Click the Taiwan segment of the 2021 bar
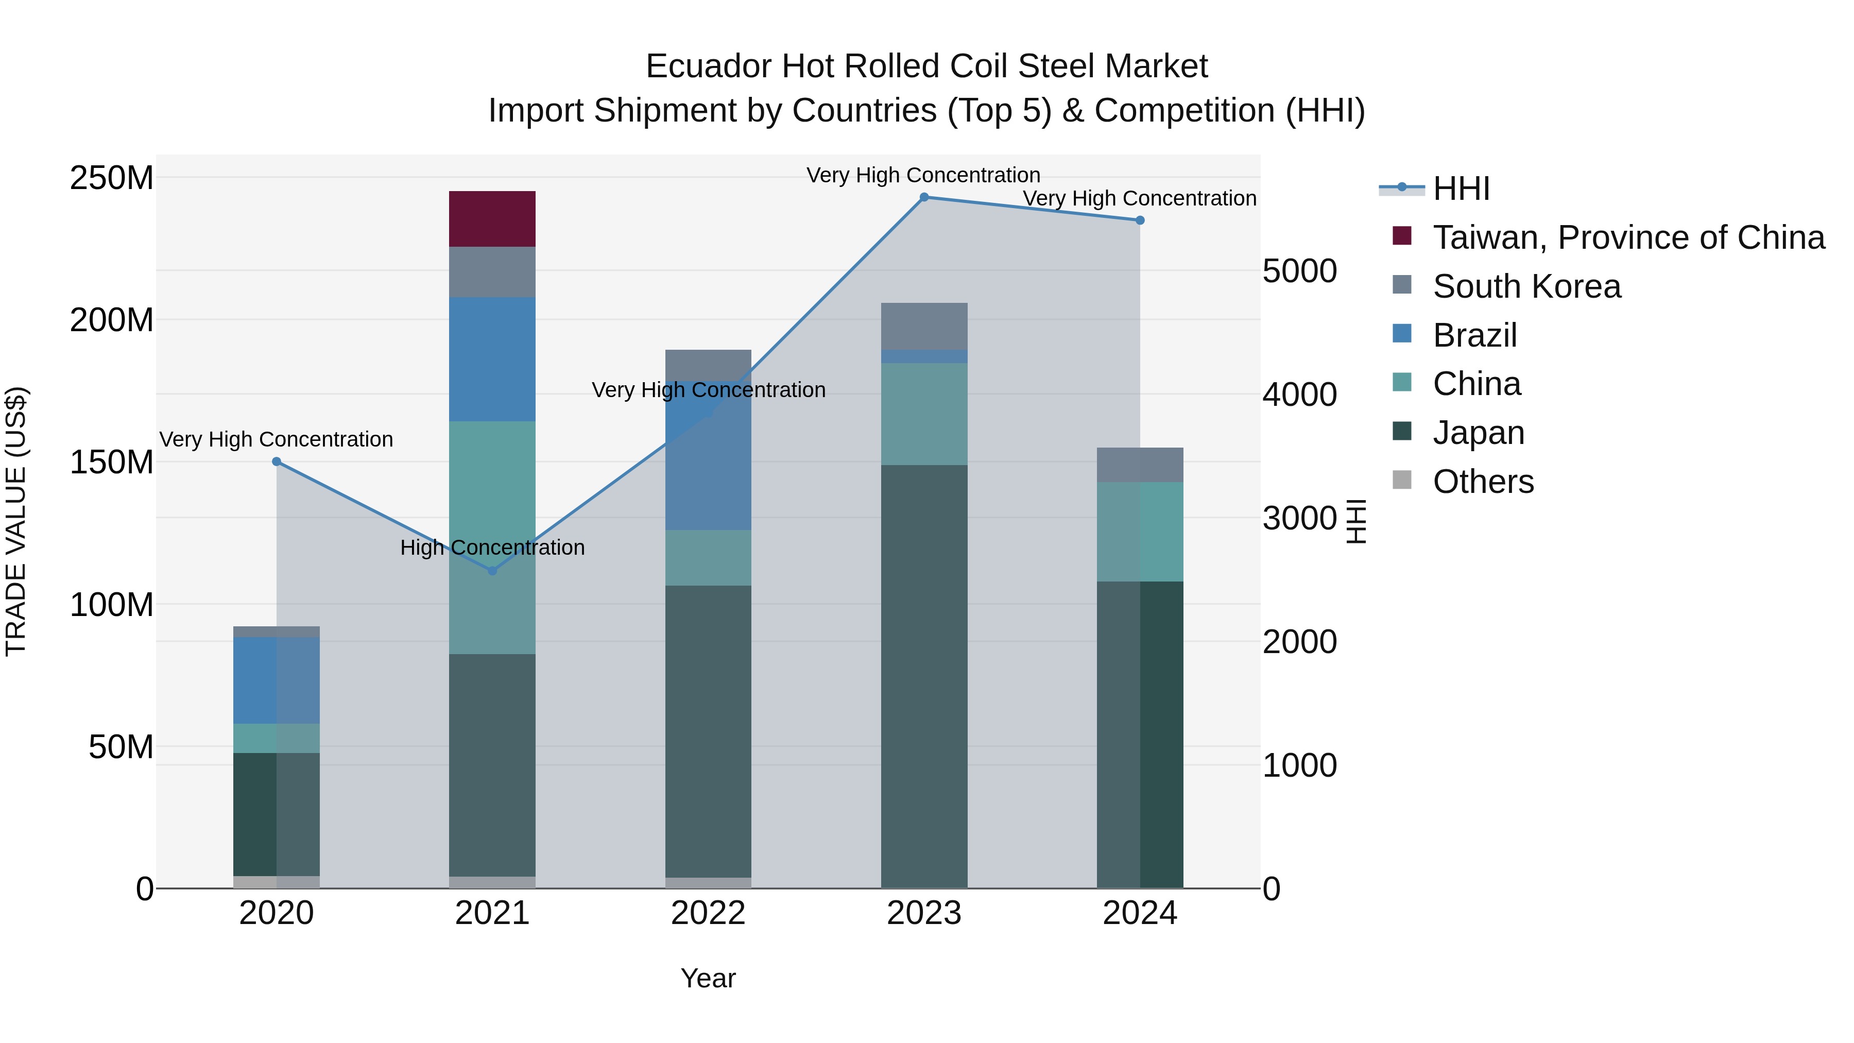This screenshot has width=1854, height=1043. pyautogui.click(x=492, y=219)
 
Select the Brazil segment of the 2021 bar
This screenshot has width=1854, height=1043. pyautogui.click(x=492, y=358)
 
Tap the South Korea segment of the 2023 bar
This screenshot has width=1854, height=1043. pyautogui.click(x=923, y=326)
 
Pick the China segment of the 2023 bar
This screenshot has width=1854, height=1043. pyautogui.click(x=923, y=414)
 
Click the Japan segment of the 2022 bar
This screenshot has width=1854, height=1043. pyautogui.click(x=708, y=730)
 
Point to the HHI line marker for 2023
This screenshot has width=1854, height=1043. pyautogui.click(x=924, y=197)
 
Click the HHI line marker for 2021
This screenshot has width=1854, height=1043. pyautogui.click(x=492, y=571)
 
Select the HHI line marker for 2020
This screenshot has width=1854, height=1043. pyautogui.click(x=277, y=461)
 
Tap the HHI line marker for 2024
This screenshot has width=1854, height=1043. pyautogui.click(x=1140, y=220)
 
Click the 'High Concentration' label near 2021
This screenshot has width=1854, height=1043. pyautogui.click(x=492, y=548)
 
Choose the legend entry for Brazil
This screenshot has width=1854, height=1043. pyautogui.click(x=1474, y=335)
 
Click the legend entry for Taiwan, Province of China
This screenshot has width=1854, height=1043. pyautogui.click(x=1628, y=237)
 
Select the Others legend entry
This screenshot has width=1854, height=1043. pyautogui.click(x=1483, y=482)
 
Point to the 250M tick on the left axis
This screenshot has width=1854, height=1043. pyautogui.click(x=112, y=178)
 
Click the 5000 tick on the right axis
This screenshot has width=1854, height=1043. pyautogui.click(x=1299, y=271)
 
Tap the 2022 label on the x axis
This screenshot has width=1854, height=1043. pyautogui.click(x=708, y=913)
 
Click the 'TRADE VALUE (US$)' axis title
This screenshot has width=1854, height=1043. pyautogui.click(x=16, y=521)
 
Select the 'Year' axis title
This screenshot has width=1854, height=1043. pyautogui.click(x=708, y=978)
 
